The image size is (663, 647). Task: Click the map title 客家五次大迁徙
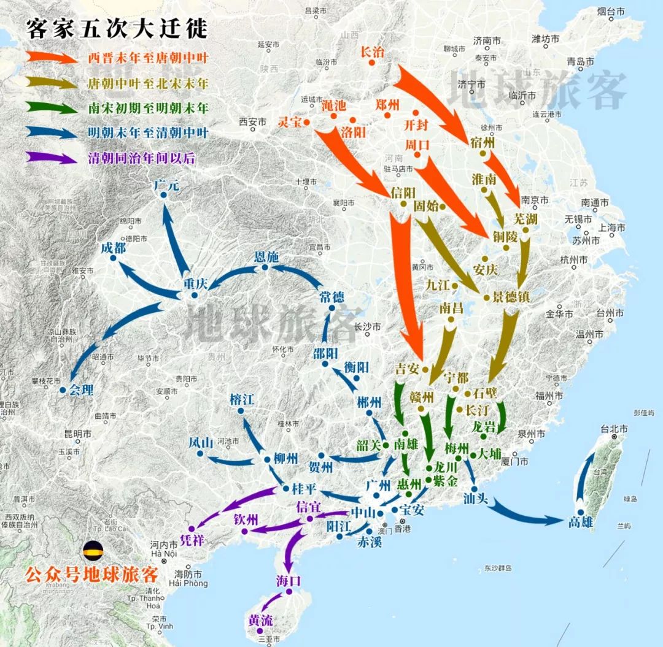(x=117, y=28)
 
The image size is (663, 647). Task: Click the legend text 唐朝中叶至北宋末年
(x=147, y=83)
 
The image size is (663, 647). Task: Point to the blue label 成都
(x=114, y=248)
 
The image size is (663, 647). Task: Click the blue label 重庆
(x=196, y=284)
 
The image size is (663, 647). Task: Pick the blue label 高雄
(x=581, y=522)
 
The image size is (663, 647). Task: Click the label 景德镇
(x=511, y=297)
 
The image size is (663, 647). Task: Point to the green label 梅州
(x=457, y=446)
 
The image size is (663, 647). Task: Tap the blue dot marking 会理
(x=63, y=389)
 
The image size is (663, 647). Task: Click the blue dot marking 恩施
(x=265, y=267)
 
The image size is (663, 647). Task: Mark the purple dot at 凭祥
(x=192, y=528)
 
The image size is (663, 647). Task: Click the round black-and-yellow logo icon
(x=94, y=550)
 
